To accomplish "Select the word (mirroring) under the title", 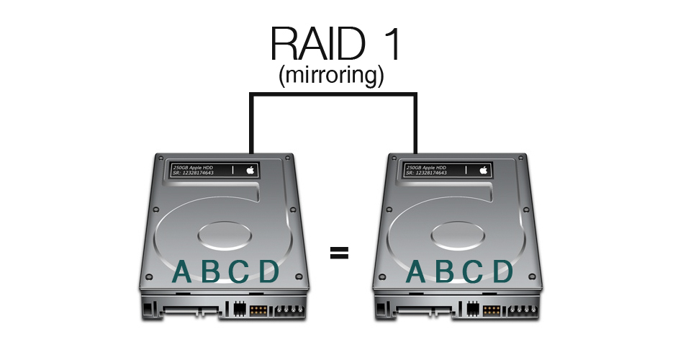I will tap(331, 76).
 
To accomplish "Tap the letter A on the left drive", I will tap(184, 271).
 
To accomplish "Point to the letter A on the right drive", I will tap(416, 271).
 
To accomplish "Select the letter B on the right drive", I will tap(445, 271).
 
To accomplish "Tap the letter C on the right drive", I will tap(472, 271).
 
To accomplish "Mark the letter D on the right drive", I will tap(502, 271).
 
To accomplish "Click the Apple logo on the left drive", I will tap(250, 170).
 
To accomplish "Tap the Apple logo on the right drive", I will tap(484, 170).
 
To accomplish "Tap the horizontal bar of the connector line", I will tap(333, 93).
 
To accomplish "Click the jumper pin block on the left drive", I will tap(257, 311).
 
